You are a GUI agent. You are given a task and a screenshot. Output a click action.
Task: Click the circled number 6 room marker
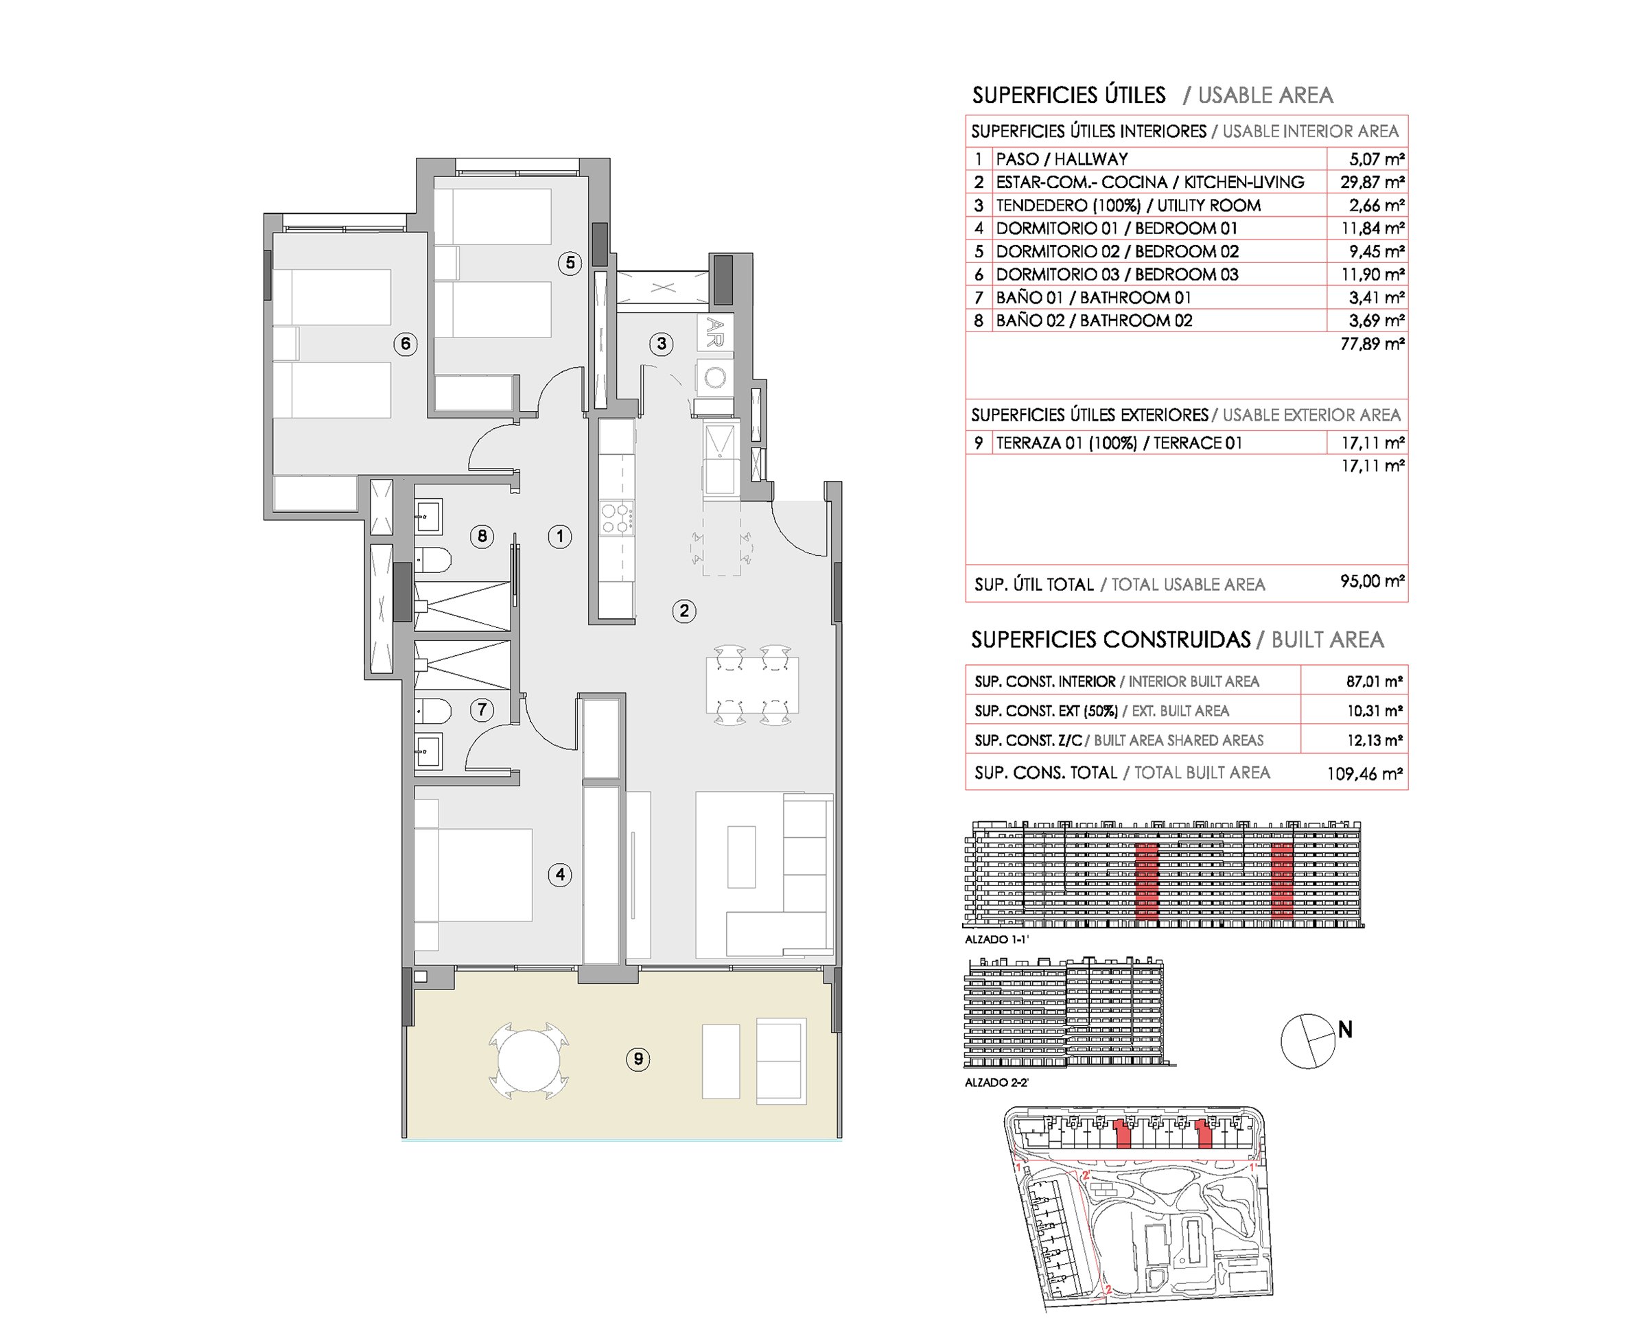click(406, 343)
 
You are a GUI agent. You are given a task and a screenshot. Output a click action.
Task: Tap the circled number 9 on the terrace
click(638, 1059)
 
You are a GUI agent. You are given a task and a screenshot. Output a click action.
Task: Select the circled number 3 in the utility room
click(661, 343)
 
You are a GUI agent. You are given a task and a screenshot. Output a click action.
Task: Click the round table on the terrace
click(528, 1060)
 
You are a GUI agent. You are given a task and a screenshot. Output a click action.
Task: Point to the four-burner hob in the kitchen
click(616, 517)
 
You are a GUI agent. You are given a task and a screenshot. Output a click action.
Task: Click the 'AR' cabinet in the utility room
click(715, 333)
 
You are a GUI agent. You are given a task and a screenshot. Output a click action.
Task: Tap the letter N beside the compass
click(1345, 1029)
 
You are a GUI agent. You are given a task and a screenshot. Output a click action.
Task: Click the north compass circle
click(1307, 1041)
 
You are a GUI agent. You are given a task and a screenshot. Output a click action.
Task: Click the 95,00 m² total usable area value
click(1373, 581)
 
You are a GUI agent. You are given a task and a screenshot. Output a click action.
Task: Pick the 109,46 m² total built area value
click(1364, 773)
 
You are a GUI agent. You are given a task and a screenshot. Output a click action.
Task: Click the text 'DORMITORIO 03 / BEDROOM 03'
click(1117, 274)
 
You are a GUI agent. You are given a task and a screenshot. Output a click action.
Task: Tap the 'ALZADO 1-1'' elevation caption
click(996, 939)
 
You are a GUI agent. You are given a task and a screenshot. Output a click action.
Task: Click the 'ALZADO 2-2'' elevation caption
click(996, 1082)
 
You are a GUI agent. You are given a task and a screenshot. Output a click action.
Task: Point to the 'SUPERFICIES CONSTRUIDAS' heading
click(1110, 640)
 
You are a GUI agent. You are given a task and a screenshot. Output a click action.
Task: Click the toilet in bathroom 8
click(432, 560)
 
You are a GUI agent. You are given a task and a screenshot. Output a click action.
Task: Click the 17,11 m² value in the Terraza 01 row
click(1373, 443)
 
